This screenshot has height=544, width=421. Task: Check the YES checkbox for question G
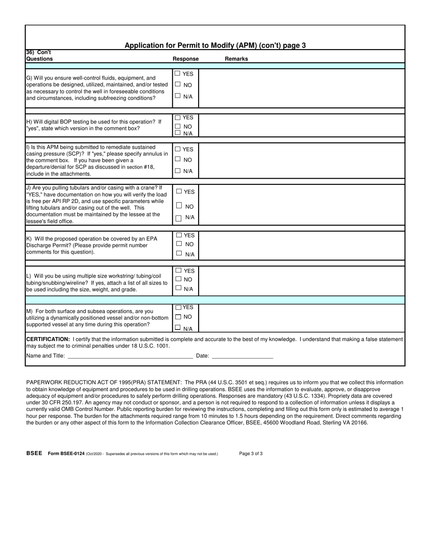(x=178, y=73)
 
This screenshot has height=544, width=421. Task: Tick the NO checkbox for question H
(x=178, y=126)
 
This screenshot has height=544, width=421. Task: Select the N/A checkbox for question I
(x=178, y=171)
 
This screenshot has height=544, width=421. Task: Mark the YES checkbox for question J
(x=179, y=192)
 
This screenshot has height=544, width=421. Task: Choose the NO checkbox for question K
(x=179, y=244)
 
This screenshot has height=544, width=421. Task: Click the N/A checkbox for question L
(x=178, y=288)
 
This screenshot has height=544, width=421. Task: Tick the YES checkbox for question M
(x=179, y=307)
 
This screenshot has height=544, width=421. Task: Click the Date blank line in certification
(x=242, y=356)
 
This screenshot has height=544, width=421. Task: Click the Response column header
(x=186, y=59)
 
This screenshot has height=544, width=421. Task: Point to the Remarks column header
(x=236, y=59)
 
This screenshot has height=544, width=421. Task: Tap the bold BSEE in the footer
(x=34, y=453)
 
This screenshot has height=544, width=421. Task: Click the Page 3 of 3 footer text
(x=251, y=453)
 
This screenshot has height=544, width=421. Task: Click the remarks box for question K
(x=301, y=245)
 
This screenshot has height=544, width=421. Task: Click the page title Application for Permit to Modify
(x=215, y=45)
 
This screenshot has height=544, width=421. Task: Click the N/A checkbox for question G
(x=178, y=96)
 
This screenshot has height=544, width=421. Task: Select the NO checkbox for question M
(x=178, y=317)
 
